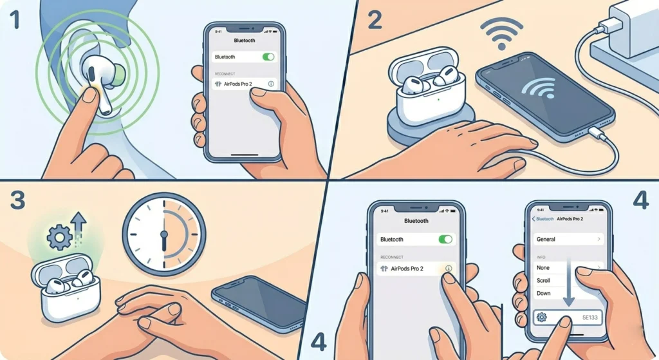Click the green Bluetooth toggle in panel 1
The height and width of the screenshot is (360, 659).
pyautogui.click(x=268, y=57)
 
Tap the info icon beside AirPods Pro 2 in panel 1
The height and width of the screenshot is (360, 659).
pyautogui.click(x=270, y=84)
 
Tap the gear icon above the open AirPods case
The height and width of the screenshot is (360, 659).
pyautogui.click(x=59, y=238)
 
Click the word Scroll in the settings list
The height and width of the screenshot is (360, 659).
pyautogui.click(x=544, y=280)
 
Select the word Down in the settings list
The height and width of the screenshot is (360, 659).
pyautogui.click(x=543, y=293)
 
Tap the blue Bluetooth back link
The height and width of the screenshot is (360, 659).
pyautogui.click(x=543, y=219)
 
